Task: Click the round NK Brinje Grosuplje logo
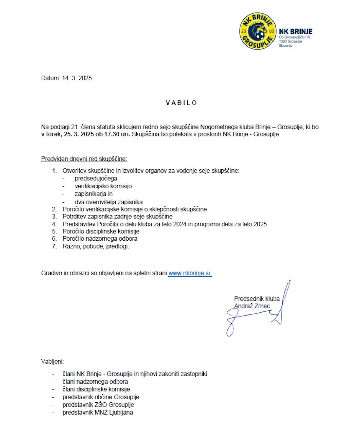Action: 257,31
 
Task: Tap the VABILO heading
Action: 181,103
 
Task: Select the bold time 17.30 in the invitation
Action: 112,134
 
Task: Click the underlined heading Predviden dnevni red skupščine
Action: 84,159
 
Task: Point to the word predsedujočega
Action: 96,178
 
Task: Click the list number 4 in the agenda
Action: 54,224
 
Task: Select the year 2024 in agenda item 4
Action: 179,224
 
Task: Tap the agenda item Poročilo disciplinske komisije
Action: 101,231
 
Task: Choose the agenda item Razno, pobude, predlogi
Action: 96,246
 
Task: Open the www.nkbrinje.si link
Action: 190,273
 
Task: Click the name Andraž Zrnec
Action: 252,306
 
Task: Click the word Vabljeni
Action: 52,361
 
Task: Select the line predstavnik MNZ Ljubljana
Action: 98,413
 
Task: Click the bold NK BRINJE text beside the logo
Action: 296,32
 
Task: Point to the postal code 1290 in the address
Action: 283,41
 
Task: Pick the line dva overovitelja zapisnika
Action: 109,202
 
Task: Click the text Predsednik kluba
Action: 257,299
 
